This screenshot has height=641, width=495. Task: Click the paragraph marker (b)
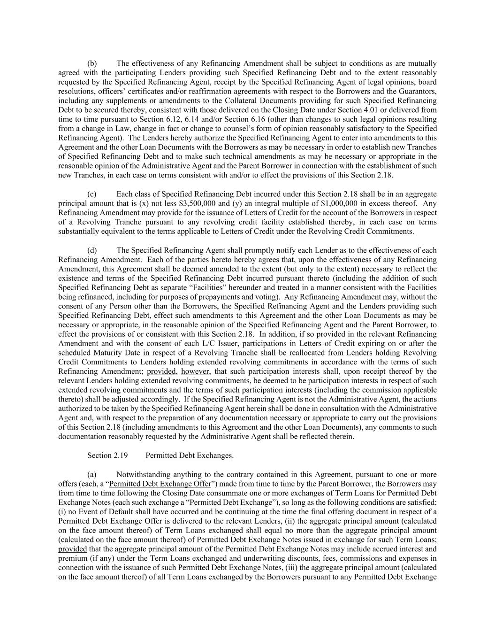[92, 63]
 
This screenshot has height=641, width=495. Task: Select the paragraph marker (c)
[92, 194]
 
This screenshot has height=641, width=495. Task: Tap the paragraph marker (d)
[92, 250]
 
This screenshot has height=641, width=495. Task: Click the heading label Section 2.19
[107, 456]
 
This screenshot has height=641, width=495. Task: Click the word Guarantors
[418, 91]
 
